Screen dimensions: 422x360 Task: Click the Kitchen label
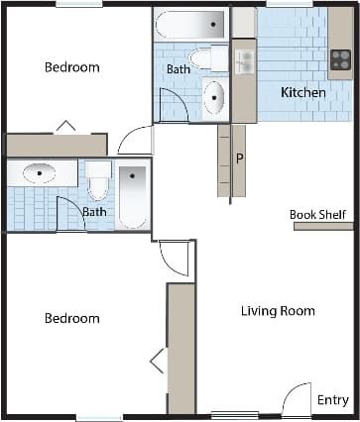tap(302, 92)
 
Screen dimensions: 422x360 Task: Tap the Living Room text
tap(278, 311)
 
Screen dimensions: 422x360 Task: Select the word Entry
tap(332, 400)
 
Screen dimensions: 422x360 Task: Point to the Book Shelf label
tap(316, 213)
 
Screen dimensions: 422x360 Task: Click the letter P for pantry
tap(239, 158)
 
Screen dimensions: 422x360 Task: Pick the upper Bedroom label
tap(72, 67)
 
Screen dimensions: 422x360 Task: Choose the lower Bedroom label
tap(72, 318)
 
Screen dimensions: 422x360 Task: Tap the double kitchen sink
tap(244, 61)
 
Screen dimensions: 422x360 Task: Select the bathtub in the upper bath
tap(190, 24)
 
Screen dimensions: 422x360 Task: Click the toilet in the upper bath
tap(206, 58)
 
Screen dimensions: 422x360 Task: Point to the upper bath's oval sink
tap(214, 98)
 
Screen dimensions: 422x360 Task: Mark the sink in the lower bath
tap(41, 173)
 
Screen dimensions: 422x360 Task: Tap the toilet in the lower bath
tap(98, 182)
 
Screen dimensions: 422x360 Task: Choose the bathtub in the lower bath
tap(132, 195)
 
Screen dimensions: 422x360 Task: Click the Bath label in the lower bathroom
tap(94, 211)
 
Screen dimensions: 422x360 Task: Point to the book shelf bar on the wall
tap(323, 226)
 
